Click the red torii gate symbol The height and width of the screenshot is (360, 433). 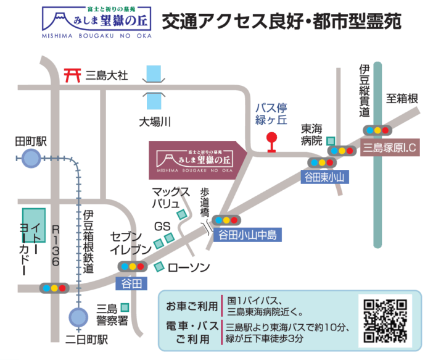[73, 75]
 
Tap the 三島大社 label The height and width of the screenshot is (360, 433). [107, 75]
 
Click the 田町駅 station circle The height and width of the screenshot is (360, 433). [31, 159]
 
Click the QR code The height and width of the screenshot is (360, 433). [385, 320]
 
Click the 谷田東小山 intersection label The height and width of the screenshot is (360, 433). [324, 177]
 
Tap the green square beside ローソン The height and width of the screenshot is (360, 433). [159, 267]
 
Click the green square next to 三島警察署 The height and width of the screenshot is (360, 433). [125, 307]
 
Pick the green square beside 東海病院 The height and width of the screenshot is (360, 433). [331, 141]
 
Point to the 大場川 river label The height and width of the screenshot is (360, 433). [154, 121]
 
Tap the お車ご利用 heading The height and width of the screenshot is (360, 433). [192, 306]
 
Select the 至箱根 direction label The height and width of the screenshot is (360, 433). [402, 99]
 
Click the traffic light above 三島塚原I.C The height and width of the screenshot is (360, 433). [377, 130]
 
